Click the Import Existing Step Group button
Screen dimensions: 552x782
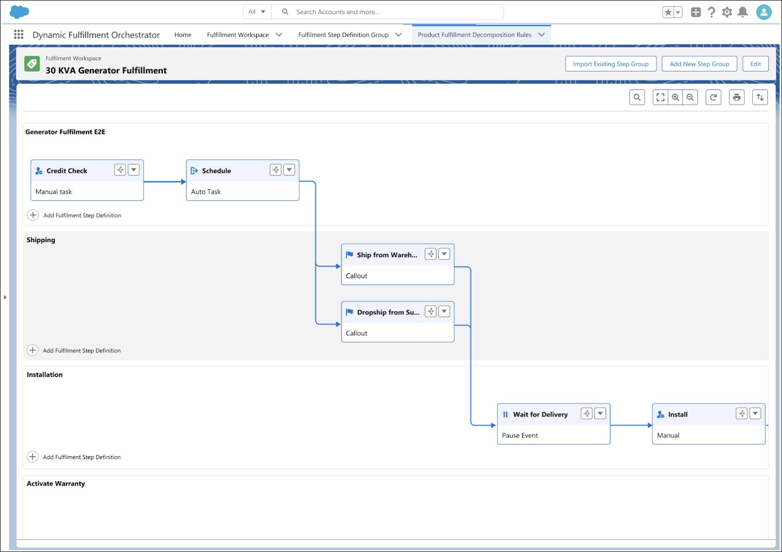point(610,64)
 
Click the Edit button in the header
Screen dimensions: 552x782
point(755,64)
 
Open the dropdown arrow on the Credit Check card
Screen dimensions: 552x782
point(133,170)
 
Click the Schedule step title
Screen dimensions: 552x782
point(216,171)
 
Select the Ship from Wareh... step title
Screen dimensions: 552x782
point(387,255)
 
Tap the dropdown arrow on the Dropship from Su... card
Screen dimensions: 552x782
point(444,311)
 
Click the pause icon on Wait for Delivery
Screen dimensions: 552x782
point(505,414)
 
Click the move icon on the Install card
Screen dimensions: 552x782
point(741,414)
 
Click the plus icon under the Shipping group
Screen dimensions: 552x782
point(33,350)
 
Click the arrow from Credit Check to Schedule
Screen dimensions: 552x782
point(165,182)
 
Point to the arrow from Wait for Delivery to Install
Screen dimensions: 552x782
point(631,425)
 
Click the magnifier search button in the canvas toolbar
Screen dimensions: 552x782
point(637,97)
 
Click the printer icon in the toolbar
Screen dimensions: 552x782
point(737,97)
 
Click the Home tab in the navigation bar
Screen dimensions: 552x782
point(183,35)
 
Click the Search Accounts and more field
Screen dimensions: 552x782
point(386,12)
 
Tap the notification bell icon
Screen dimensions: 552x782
point(742,12)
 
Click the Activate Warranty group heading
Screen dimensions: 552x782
point(56,484)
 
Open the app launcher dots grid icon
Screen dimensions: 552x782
point(19,34)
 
